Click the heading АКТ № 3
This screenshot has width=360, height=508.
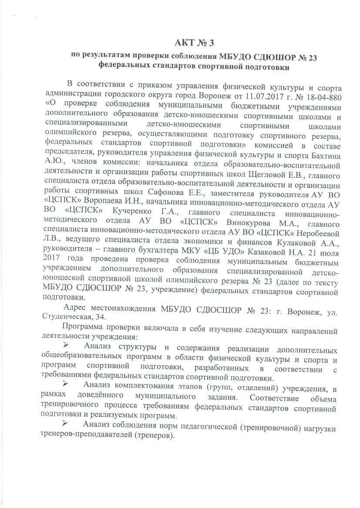(x=195, y=43)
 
